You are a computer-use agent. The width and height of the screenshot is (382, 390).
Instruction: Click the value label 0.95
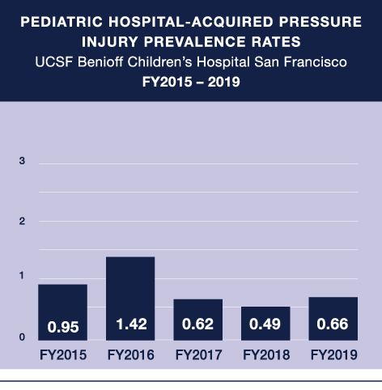(x=62, y=328)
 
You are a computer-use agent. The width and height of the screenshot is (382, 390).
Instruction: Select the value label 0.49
(x=265, y=328)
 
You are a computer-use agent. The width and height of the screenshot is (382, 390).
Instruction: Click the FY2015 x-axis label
(x=62, y=354)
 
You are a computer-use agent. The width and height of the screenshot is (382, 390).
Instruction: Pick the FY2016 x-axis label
(x=130, y=354)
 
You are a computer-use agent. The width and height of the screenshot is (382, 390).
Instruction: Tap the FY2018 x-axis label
(x=265, y=354)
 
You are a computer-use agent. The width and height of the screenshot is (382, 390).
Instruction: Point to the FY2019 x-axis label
(x=333, y=354)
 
